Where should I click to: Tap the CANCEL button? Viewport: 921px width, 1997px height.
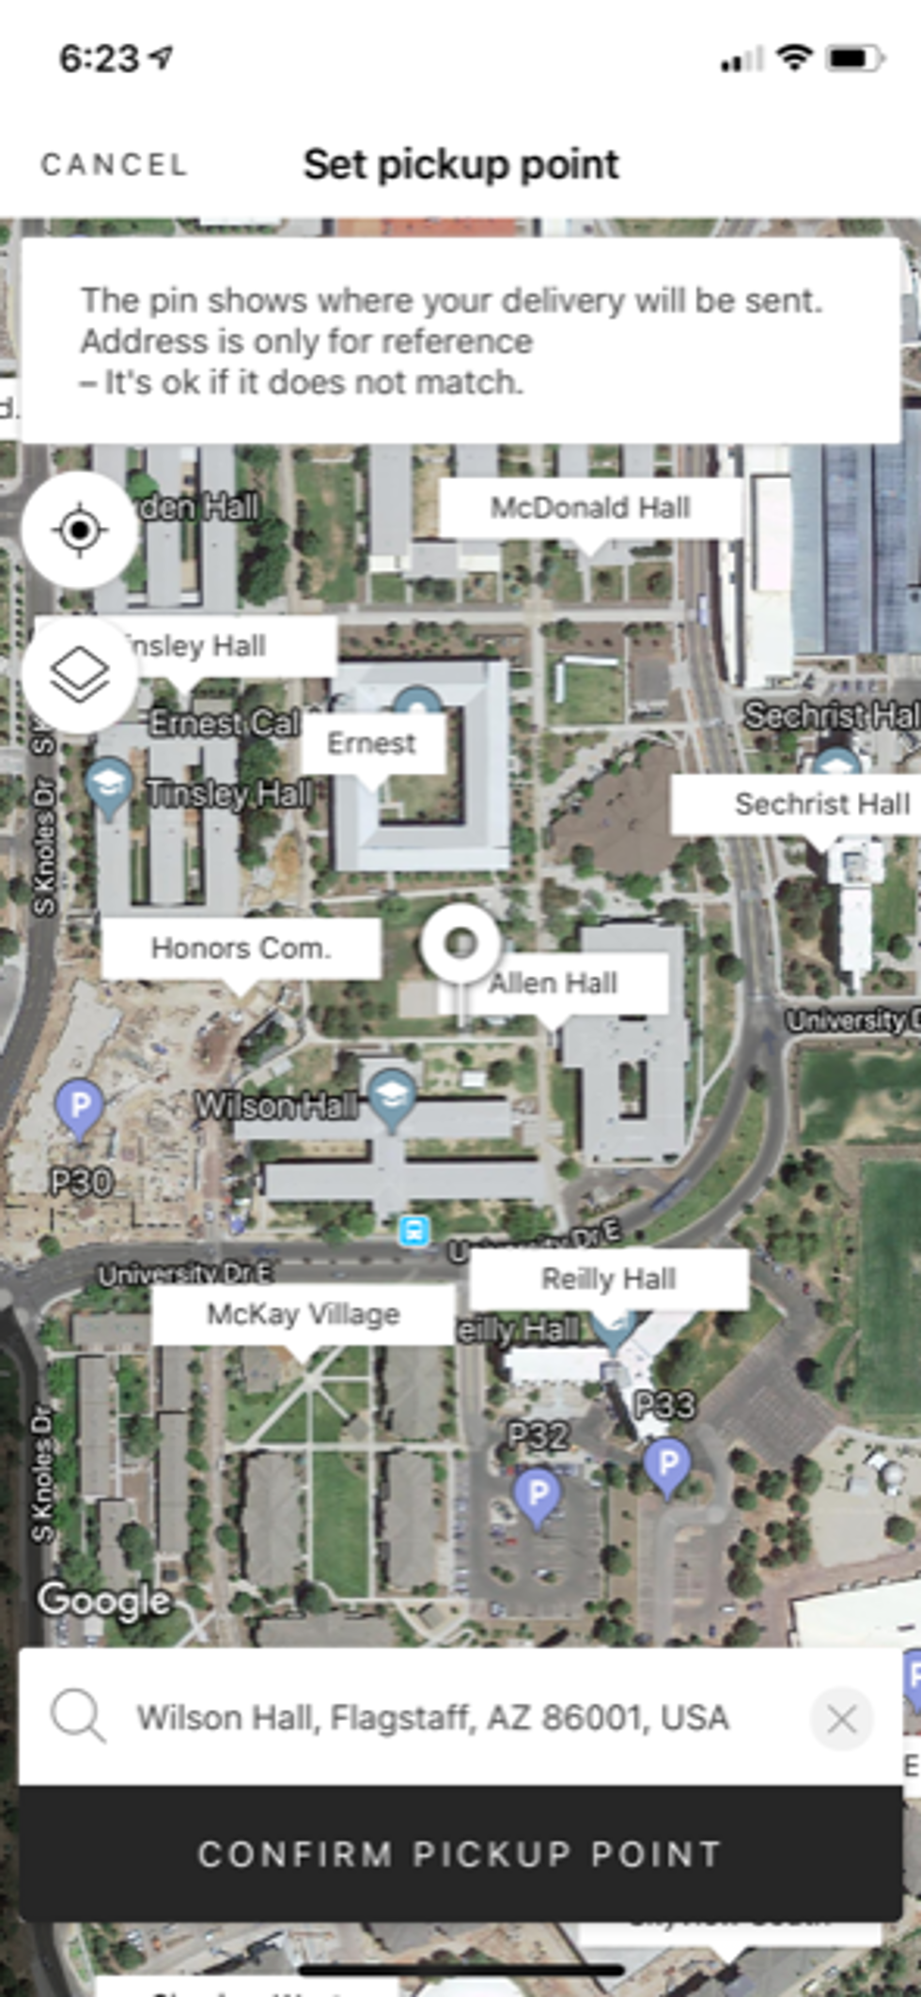pyautogui.click(x=114, y=165)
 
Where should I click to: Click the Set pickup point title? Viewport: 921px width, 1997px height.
pyautogui.click(x=460, y=165)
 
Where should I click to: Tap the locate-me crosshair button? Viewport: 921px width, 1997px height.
pyautogui.click(x=80, y=531)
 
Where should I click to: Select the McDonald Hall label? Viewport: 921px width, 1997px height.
pyautogui.click(x=590, y=508)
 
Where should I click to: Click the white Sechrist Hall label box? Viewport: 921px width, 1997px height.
pyautogui.click(x=808, y=804)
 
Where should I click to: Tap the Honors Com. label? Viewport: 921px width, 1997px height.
pyautogui.click(x=241, y=949)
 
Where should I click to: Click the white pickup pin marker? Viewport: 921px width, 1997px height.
pyautogui.click(x=460, y=943)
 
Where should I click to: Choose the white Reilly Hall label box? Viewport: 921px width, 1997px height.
pyautogui.click(x=608, y=1278)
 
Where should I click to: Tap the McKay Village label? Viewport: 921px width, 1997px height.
pyautogui.click(x=303, y=1314)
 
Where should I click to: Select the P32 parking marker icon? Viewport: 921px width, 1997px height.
pyautogui.click(x=538, y=1494)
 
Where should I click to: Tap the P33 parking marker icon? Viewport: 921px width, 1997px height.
pyautogui.click(x=668, y=1463)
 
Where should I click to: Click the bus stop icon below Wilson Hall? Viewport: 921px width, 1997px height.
pyautogui.click(x=414, y=1231)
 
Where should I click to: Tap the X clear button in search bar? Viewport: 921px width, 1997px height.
pyautogui.click(x=841, y=1719)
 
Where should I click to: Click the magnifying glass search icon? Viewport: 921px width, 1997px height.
pyautogui.click(x=78, y=1717)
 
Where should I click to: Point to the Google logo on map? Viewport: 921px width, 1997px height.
pyautogui.click(x=103, y=1600)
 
